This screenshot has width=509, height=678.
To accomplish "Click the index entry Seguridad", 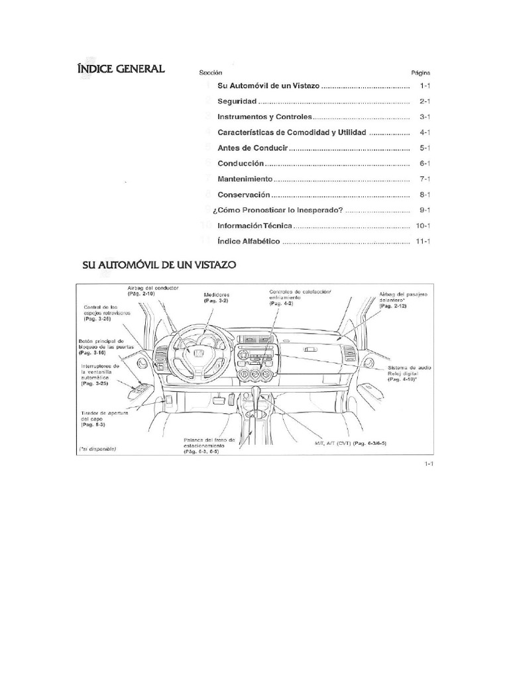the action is [x=237, y=102].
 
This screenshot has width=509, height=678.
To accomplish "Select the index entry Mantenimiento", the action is [x=245, y=179].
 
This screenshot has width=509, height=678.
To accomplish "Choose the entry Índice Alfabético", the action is [x=249, y=242].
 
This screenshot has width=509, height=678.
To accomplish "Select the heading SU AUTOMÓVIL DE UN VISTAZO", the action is [x=160, y=264].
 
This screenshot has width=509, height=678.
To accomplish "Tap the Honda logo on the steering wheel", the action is [x=197, y=356].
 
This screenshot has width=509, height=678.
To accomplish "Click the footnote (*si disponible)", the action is [x=97, y=450].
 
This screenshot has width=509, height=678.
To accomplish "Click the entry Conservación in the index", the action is [x=245, y=195].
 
